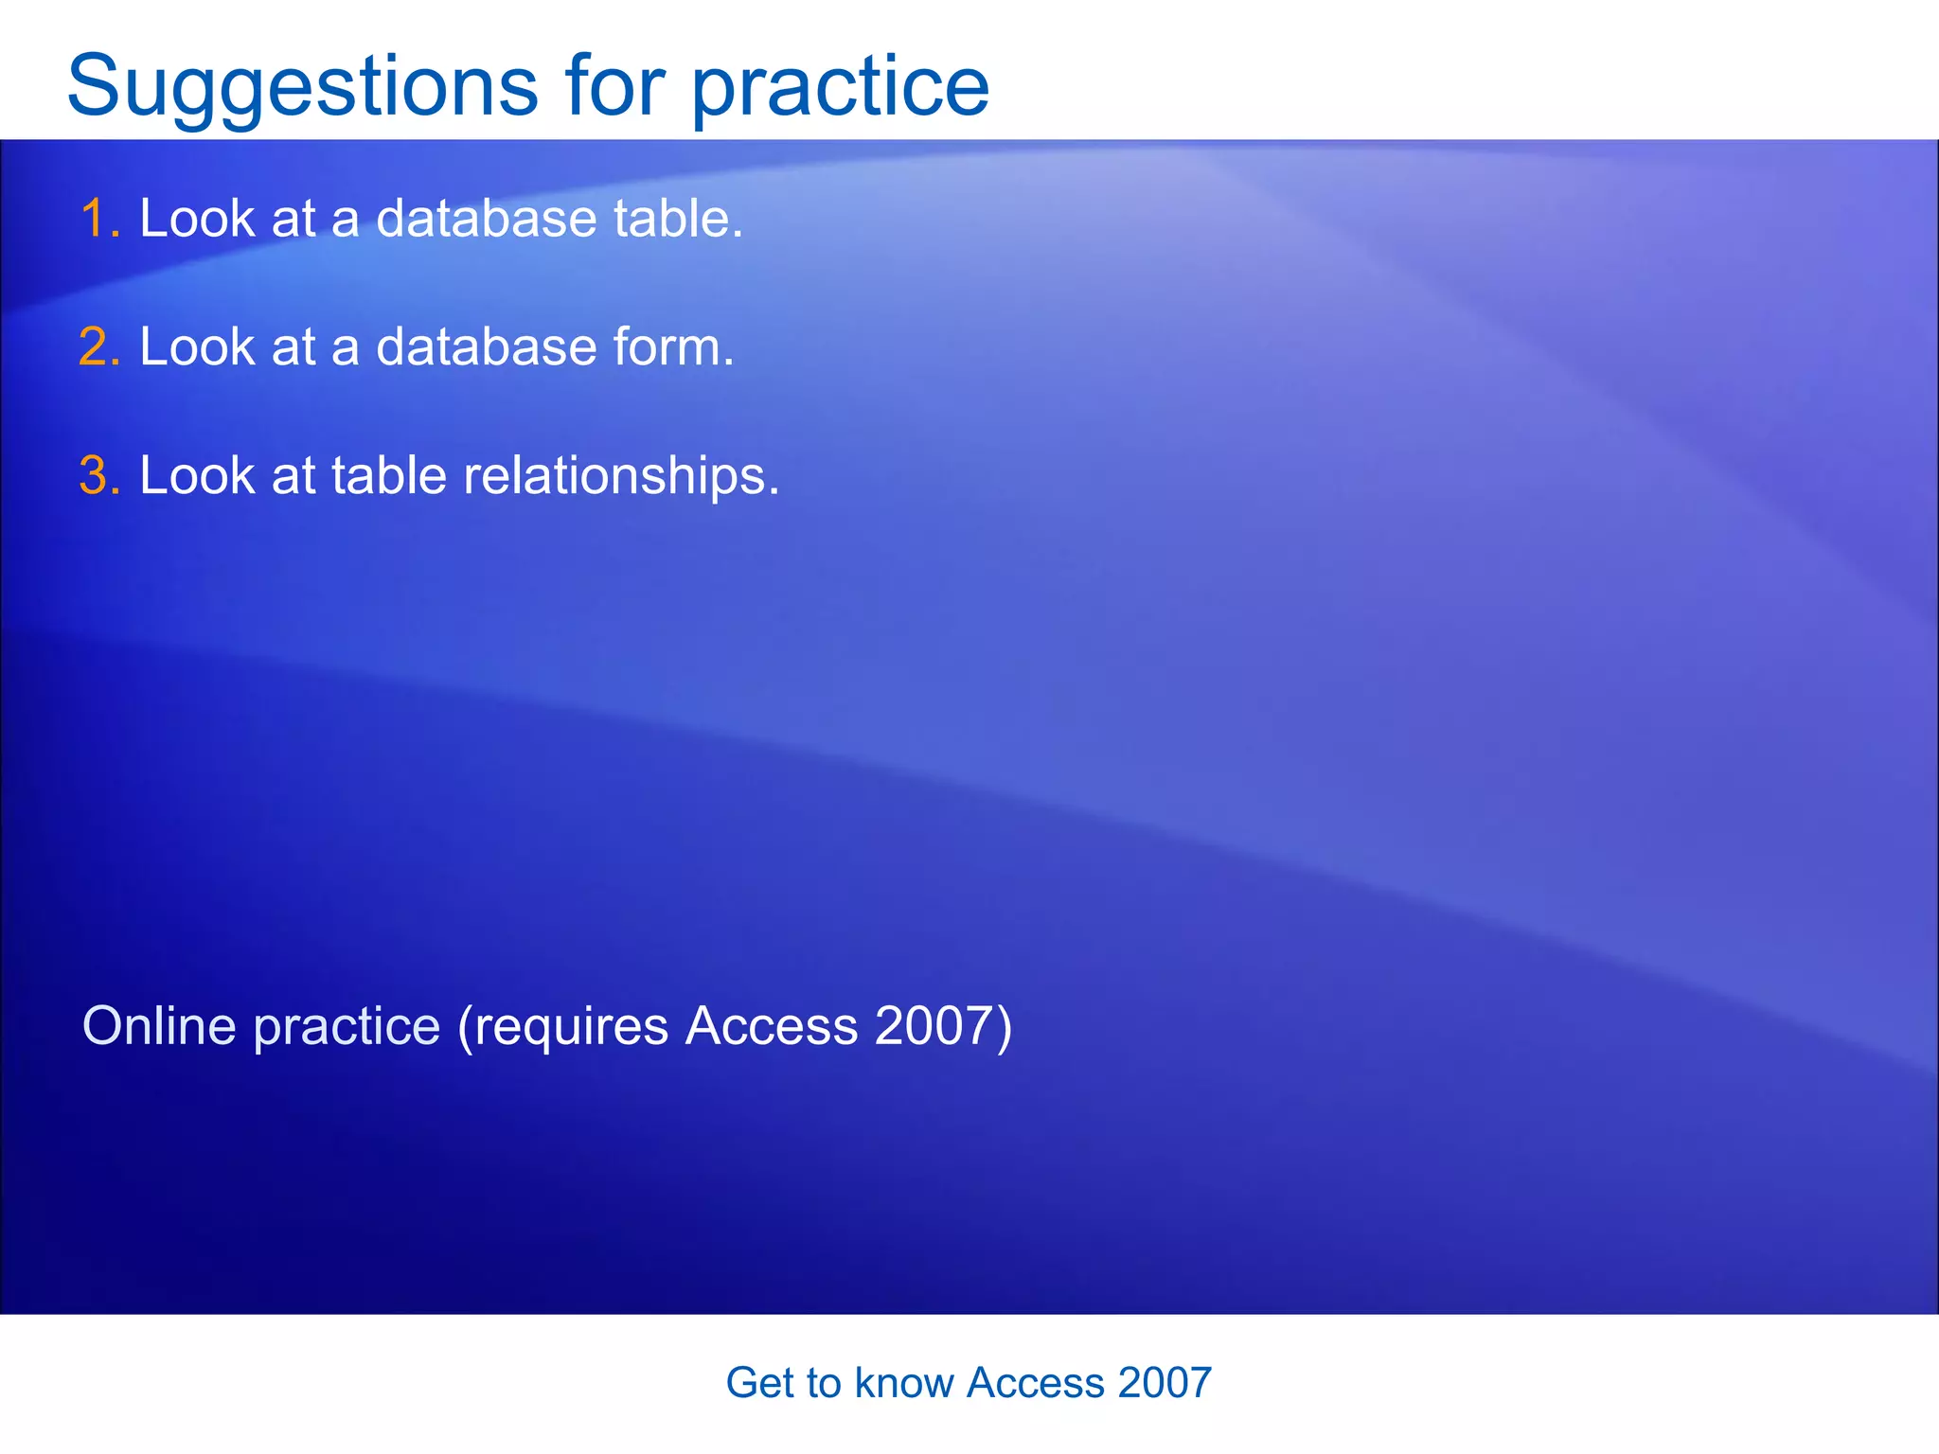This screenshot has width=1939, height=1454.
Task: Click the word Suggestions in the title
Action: coord(302,87)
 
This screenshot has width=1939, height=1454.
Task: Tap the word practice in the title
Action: coord(840,87)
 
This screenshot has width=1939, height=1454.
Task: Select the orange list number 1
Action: coord(98,219)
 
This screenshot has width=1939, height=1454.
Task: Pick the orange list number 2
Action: coord(98,346)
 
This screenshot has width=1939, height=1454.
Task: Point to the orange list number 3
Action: coord(98,475)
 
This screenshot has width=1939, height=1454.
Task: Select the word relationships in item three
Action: coord(620,475)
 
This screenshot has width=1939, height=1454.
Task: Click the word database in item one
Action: coord(487,219)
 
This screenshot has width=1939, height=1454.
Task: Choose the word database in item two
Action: coord(487,346)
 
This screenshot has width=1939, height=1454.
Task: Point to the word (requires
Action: coord(562,1027)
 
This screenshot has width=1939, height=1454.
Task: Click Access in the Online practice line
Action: coord(772,1025)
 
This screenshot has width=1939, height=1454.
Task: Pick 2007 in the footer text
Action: coord(1164,1383)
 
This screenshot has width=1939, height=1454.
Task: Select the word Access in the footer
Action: coord(1035,1383)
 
